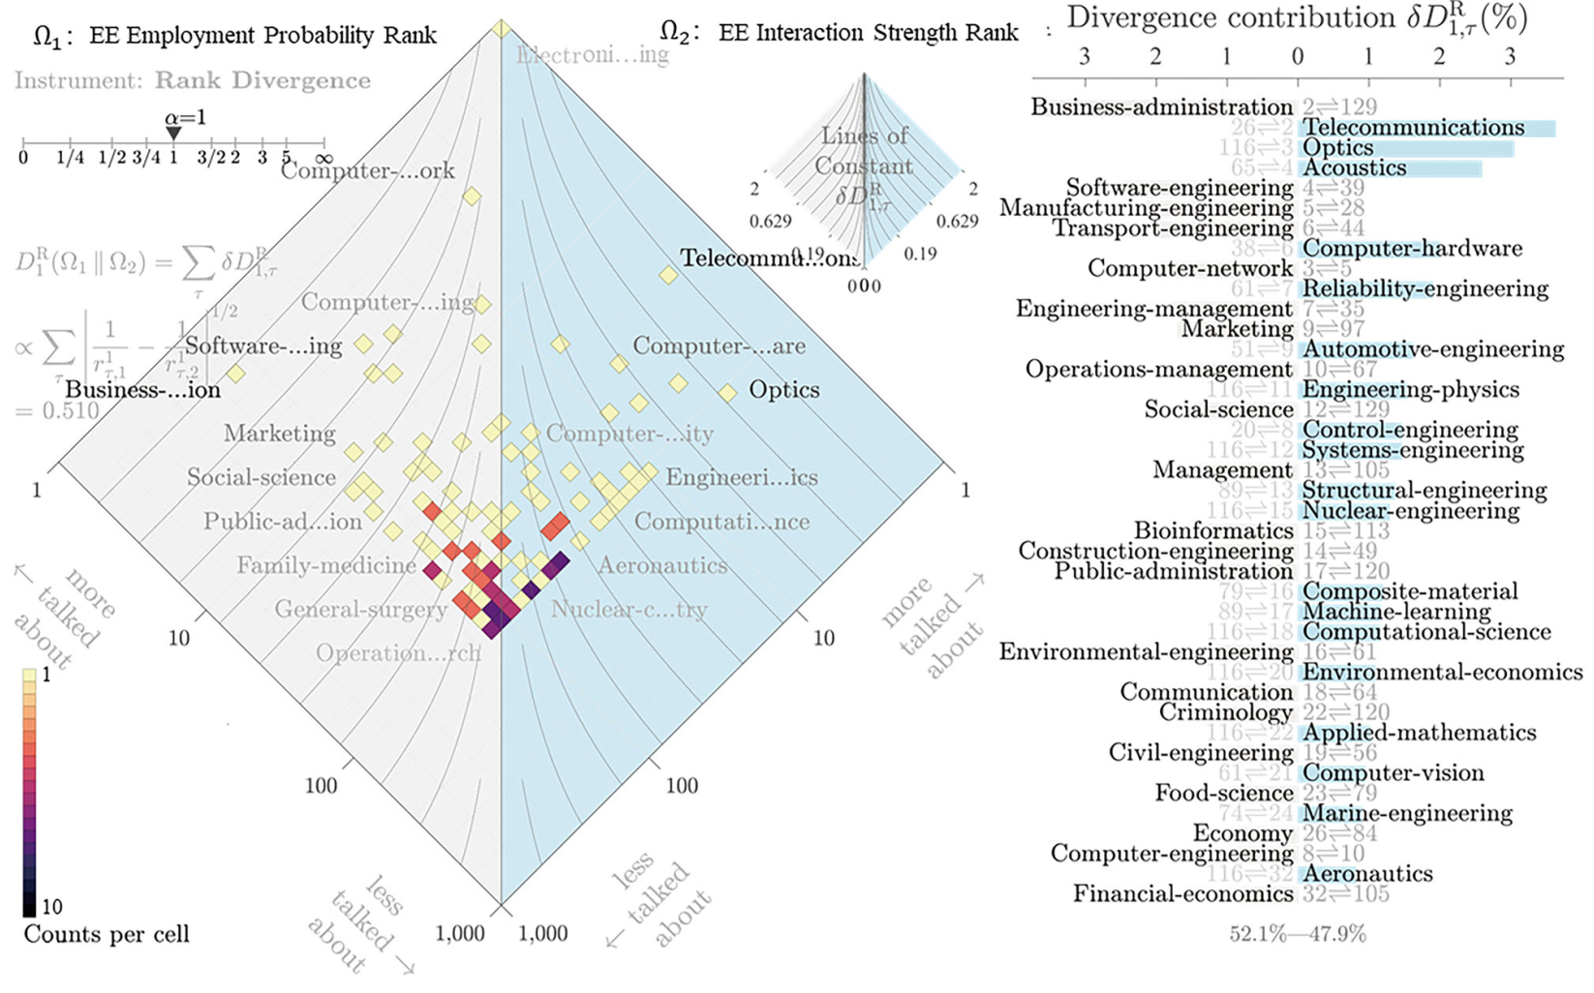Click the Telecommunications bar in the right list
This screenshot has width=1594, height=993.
tap(1426, 128)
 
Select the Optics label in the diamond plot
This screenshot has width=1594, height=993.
tap(783, 390)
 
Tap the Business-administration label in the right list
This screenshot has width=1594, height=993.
tap(1161, 106)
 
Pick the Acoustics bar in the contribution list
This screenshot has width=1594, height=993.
tap(1390, 168)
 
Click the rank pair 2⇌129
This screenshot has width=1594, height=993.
tap(1339, 106)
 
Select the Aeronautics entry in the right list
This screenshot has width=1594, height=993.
tap(1366, 874)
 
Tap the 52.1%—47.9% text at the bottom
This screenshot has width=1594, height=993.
tap(1298, 934)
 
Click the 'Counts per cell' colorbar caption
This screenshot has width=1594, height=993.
tap(107, 934)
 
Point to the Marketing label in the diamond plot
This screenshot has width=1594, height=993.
tap(279, 434)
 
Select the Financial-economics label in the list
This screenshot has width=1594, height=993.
tap(1182, 894)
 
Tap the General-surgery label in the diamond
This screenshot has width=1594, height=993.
tap(360, 610)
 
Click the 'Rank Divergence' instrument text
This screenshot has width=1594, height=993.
tap(262, 80)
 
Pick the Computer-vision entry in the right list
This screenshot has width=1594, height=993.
tap(1393, 773)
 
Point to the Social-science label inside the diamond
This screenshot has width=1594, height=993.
tap(261, 477)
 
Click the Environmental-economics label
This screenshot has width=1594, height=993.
tap(1442, 673)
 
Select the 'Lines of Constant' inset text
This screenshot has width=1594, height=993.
tap(864, 151)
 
